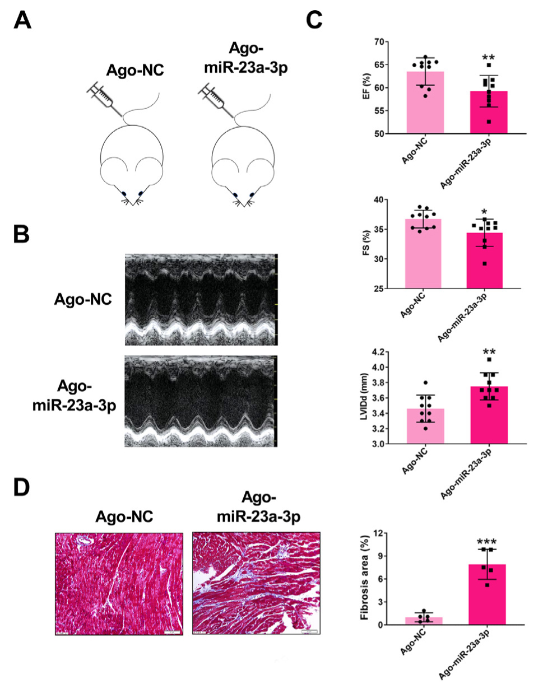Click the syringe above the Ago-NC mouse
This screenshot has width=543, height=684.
point(102,97)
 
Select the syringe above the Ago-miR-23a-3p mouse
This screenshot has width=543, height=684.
point(214,97)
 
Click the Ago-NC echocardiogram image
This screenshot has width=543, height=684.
point(200,300)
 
